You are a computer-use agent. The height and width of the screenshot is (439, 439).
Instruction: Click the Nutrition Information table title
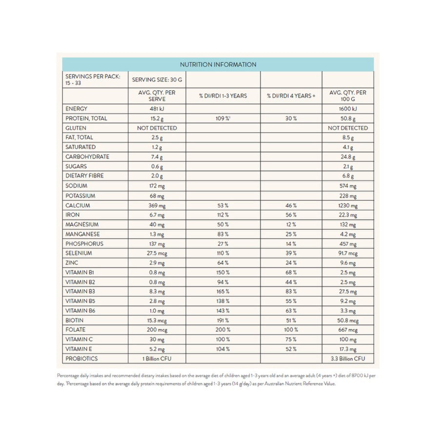(218, 64)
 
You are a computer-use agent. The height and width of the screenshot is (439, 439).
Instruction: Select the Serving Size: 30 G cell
(157, 79)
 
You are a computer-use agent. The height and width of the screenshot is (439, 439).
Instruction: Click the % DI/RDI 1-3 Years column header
(223, 96)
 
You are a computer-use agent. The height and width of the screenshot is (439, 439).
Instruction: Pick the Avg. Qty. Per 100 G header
(348, 96)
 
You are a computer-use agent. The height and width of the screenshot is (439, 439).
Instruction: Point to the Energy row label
(76, 109)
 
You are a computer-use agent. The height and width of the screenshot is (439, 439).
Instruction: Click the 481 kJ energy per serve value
(157, 109)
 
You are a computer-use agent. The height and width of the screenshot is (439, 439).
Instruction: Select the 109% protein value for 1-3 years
(223, 119)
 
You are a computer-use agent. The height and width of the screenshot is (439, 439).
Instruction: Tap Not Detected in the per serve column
(157, 128)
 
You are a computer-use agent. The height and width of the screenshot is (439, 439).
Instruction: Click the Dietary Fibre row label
(84, 176)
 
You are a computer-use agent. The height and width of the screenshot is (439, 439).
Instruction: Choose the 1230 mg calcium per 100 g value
(348, 205)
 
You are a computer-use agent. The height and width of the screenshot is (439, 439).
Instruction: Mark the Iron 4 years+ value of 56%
(291, 215)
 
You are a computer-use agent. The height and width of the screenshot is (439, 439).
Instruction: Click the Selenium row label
(79, 253)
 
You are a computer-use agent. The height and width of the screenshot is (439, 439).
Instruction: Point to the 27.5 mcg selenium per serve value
(157, 253)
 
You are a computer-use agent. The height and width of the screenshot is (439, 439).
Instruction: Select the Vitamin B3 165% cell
(223, 292)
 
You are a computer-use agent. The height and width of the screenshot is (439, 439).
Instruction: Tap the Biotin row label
(75, 320)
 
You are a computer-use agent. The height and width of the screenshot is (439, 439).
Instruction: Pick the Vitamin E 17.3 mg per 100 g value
(348, 349)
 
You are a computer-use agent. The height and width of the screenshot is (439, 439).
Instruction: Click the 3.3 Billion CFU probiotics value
(348, 359)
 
